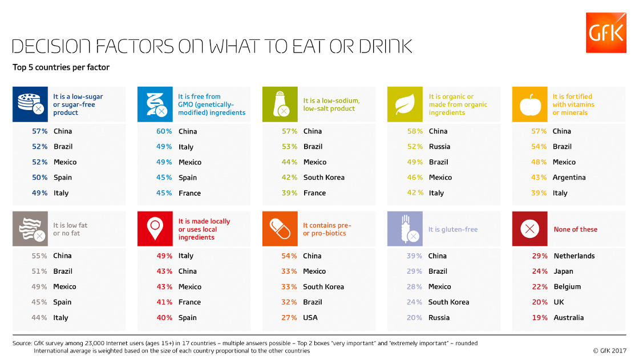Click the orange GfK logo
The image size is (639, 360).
pyautogui.click(x=605, y=33)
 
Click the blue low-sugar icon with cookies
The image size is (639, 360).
pyautogui.click(x=30, y=104)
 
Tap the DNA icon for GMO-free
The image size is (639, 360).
pyautogui.click(x=155, y=104)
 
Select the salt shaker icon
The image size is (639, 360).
pyautogui.click(x=280, y=104)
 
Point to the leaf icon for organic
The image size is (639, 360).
pyautogui.click(x=405, y=104)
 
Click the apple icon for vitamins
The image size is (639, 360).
pyautogui.click(x=530, y=104)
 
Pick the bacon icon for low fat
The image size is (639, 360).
pyautogui.click(x=30, y=229)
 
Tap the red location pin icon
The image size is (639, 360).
pyautogui.click(x=155, y=229)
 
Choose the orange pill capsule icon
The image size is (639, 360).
pyautogui.click(x=280, y=229)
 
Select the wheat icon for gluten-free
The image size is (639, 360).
pyautogui.click(x=405, y=229)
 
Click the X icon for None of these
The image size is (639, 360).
pyautogui.click(x=530, y=229)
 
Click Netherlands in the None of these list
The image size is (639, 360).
pyautogui.click(x=574, y=256)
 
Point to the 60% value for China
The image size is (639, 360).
pyautogui.click(x=164, y=131)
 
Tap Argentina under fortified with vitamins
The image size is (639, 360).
pyautogui.click(x=569, y=178)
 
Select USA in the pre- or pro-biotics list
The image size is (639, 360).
pyautogui.click(x=310, y=318)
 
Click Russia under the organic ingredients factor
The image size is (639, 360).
pyautogui.click(x=439, y=147)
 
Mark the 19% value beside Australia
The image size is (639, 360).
pyautogui.click(x=540, y=318)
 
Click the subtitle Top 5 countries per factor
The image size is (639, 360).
pyautogui.click(x=61, y=67)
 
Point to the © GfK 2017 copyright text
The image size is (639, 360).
pyautogui.click(x=609, y=351)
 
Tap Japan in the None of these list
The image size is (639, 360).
pyautogui.click(x=563, y=272)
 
